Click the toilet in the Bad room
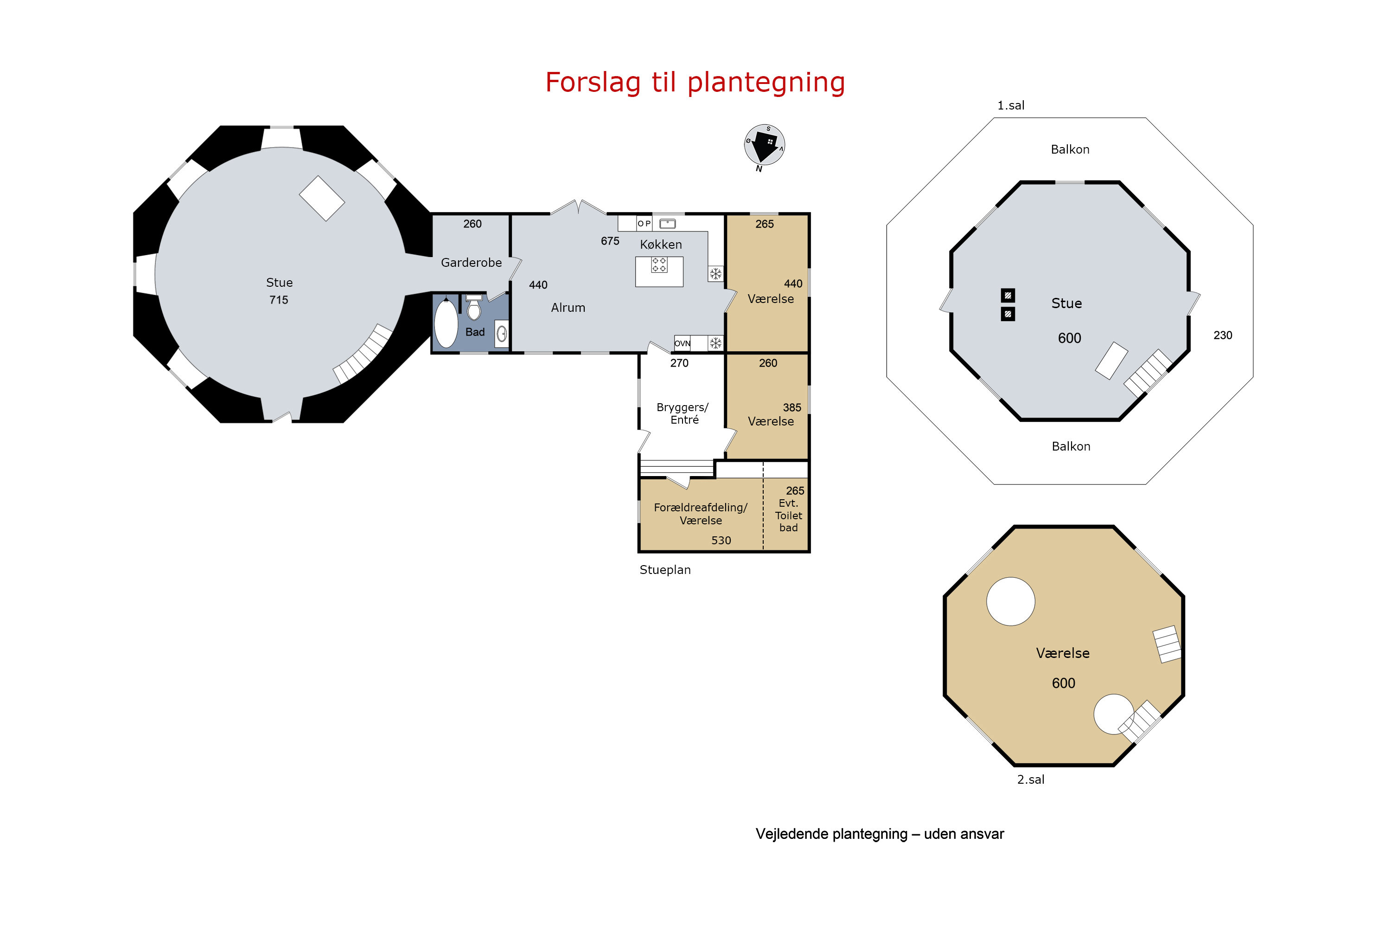tap(474, 307)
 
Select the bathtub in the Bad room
tap(446, 322)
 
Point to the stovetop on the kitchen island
tap(659, 264)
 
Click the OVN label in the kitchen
tap(682, 343)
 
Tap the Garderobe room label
tap(472, 263)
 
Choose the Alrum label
tap(568, 308)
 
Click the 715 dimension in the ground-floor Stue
tap(279, 300)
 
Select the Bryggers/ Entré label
tap(683, 413)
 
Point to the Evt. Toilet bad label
tap(788, 516)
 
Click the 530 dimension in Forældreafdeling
tap(721, 541)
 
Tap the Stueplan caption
tap(665, 570)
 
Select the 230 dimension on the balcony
tap(1222, 335)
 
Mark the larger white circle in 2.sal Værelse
tap(1011, 601)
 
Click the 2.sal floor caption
tap(1030, 780)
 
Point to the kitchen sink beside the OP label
tap(667, 224)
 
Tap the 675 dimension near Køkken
tap(610, 241)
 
